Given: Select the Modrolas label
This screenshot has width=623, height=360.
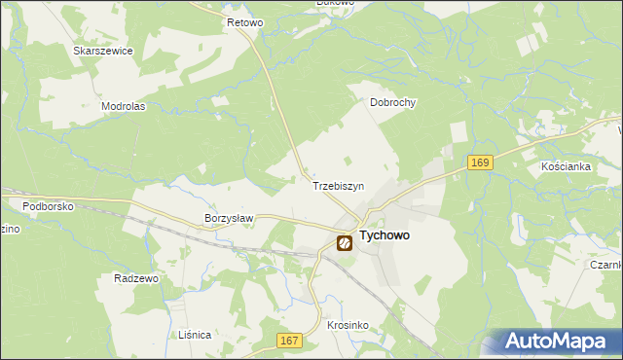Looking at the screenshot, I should coord(123,106).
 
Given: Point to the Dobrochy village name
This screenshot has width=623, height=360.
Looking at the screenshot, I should coord(392,101).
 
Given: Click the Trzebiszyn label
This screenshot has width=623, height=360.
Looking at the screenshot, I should coord(338,185).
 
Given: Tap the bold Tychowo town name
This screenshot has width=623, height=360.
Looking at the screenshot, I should coord(385,235).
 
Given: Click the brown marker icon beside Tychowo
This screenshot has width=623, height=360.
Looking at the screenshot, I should coord(345,243).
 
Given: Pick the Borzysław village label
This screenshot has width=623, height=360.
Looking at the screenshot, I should coord(229,219).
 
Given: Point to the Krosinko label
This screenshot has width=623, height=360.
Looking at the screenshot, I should coord(347,325).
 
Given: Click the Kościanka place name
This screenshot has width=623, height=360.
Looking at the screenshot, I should coord(566,166).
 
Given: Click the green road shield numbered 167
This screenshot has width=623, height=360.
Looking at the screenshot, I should coord(289,340).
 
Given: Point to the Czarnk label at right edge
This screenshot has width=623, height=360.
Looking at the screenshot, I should coord(605,264).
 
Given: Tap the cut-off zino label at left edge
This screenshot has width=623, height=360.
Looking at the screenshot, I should coord(8,229).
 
